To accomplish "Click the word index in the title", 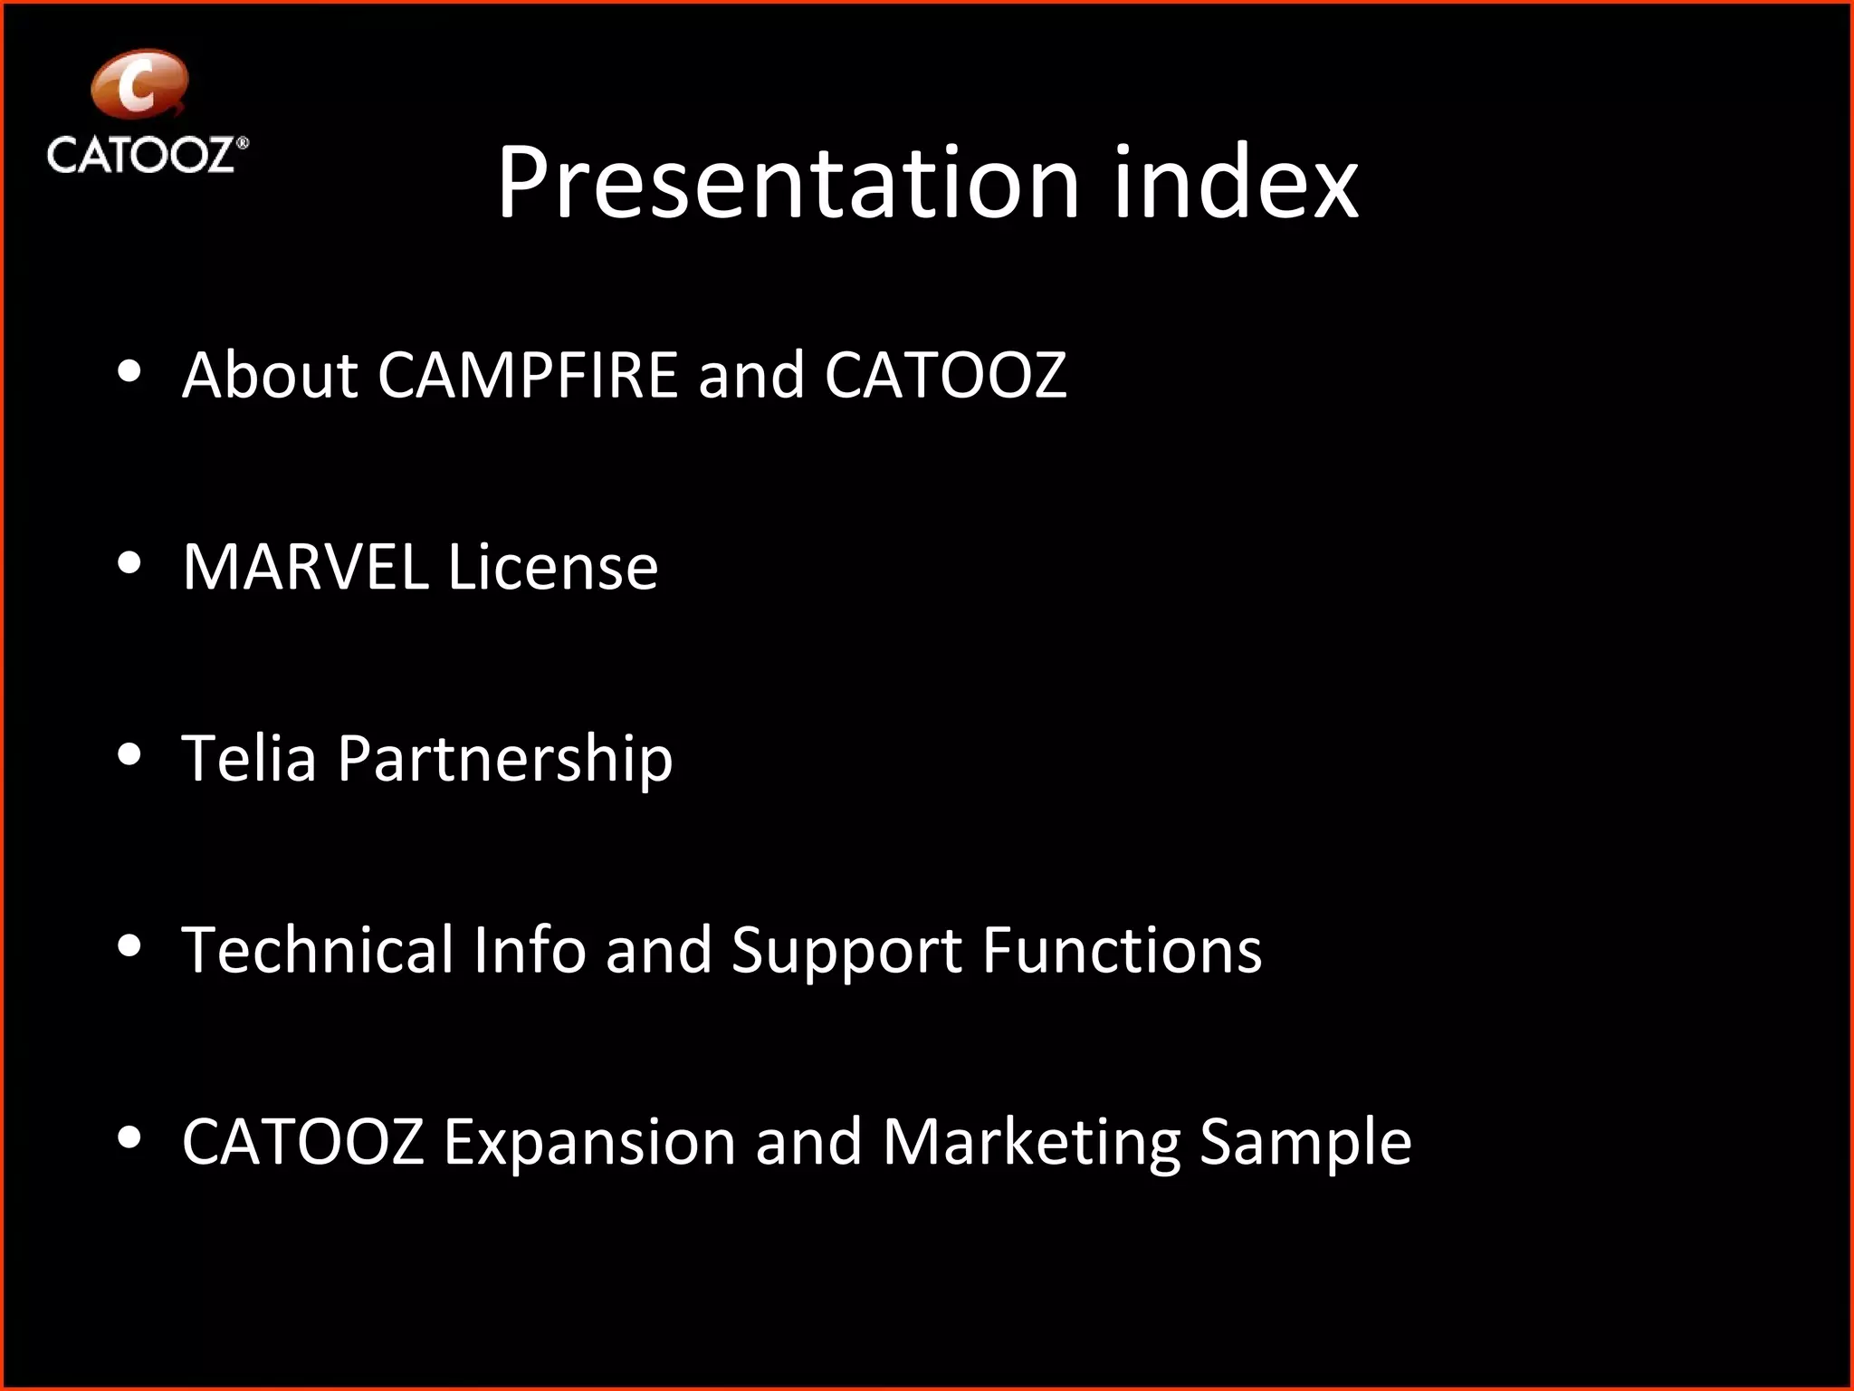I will point(1236,183).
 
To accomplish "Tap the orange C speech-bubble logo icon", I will point(139,84).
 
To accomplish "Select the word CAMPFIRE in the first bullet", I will point(528,375).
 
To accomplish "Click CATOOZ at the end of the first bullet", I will point(945,375).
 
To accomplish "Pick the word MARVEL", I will point(305,567).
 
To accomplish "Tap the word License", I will point(553,567).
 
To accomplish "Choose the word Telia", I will point(249,758).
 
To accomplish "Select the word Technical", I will point(317,950).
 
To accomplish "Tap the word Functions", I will point(1122,950).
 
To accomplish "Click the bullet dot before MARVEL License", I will point(129,563).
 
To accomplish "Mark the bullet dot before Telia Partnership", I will point(129,754).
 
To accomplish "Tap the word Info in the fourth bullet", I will point(529,950).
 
